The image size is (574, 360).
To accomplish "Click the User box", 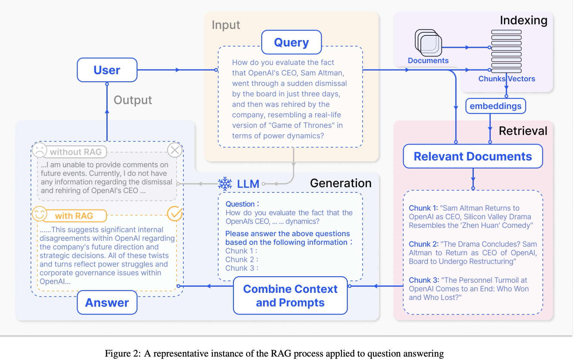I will click(107, 70).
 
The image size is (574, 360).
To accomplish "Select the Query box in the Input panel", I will click(291, 42).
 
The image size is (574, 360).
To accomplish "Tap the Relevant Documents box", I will click(473, 156).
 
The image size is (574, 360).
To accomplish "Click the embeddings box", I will click(496, 106).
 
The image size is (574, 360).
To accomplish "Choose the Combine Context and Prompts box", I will click(290, 295).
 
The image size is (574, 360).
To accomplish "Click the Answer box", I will click(107, 303).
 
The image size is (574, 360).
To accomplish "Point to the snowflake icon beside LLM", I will click(225, 184).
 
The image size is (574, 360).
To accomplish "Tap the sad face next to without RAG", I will click(39, 150).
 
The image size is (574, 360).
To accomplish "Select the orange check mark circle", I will click(175, 214).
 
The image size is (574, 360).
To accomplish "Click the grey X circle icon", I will click(175, 150).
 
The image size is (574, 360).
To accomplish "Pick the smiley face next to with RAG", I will click(39, 214).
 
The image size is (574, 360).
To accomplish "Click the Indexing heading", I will click(523, 20).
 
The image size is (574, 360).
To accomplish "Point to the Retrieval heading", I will click(523, 131).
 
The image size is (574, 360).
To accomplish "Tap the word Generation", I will click(340, 183).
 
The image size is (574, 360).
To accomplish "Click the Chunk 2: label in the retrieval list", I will click(423, 244).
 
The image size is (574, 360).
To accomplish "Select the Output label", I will click(132, 100).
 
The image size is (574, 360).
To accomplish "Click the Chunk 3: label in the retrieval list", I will click(424, 280).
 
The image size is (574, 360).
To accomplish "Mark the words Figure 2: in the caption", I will click(123, 353).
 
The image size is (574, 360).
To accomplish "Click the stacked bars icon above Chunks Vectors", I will click(506, 51).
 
